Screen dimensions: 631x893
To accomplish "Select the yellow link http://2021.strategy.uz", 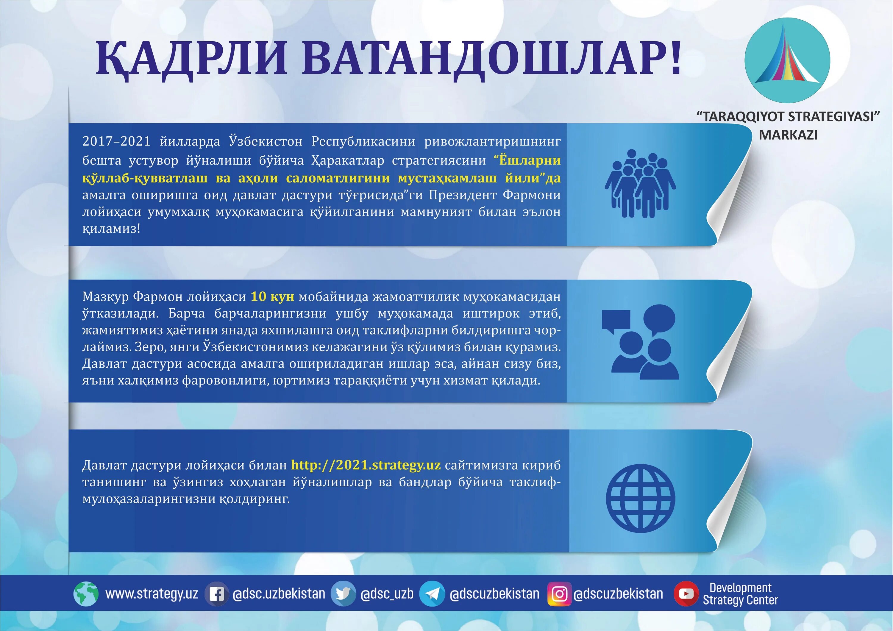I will tap(366, 465).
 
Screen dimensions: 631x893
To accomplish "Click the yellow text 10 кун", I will tap(272, 297).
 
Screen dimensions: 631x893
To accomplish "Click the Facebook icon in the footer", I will tap(216, 594).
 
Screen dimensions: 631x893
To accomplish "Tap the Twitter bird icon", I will tap(343, 594).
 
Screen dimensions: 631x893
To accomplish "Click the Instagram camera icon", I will tap(559, 594).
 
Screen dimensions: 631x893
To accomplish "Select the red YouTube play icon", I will tap(686, 594).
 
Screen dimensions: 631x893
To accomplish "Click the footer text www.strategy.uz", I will tap(152, 594).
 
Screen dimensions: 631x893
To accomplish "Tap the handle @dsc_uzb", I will tap(387, 594).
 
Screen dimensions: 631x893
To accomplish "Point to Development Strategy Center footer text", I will tap(740, 594).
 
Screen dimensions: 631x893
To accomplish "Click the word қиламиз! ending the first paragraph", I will tap(111, 229).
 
